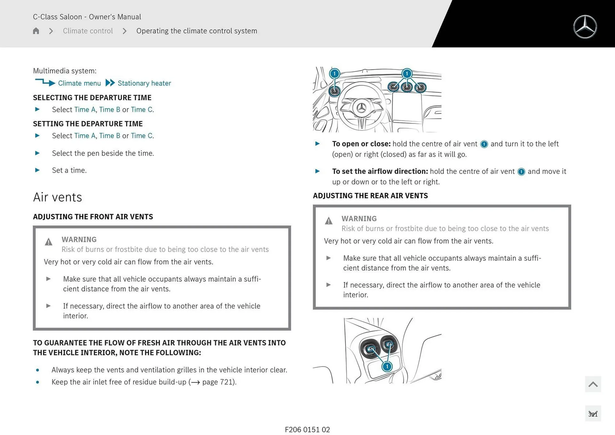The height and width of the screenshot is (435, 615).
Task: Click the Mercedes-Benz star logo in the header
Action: [585, 27]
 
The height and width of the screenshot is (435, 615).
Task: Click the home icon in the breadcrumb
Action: [36, 31]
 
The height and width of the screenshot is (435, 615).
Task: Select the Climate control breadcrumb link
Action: [88, 31]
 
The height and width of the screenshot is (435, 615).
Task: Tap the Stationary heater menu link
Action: [144, 83]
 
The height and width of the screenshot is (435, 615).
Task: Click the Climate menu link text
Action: [79, 83]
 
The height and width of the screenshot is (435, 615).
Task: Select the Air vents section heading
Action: [58, 197]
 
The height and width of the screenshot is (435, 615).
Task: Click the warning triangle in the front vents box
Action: [48, 242]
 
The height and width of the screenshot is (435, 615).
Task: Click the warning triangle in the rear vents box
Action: [329, 221]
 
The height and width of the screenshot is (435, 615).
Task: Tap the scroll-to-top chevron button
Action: [593, 384]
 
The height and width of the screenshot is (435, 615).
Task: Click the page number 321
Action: [593, 414]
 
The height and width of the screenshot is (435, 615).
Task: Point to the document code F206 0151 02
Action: [307, 430]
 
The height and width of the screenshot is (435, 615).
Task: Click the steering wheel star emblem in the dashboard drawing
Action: [362, 108]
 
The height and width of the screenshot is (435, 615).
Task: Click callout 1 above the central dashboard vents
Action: [407, 74]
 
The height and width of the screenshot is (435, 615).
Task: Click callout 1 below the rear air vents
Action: [387, 366]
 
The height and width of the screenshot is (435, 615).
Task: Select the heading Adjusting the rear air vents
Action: [370, 196]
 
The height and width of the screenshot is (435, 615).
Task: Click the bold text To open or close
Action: [361, 144]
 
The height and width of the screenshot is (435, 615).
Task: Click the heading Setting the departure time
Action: [88, 124]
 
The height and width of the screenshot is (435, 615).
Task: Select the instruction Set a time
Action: [69, 170]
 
